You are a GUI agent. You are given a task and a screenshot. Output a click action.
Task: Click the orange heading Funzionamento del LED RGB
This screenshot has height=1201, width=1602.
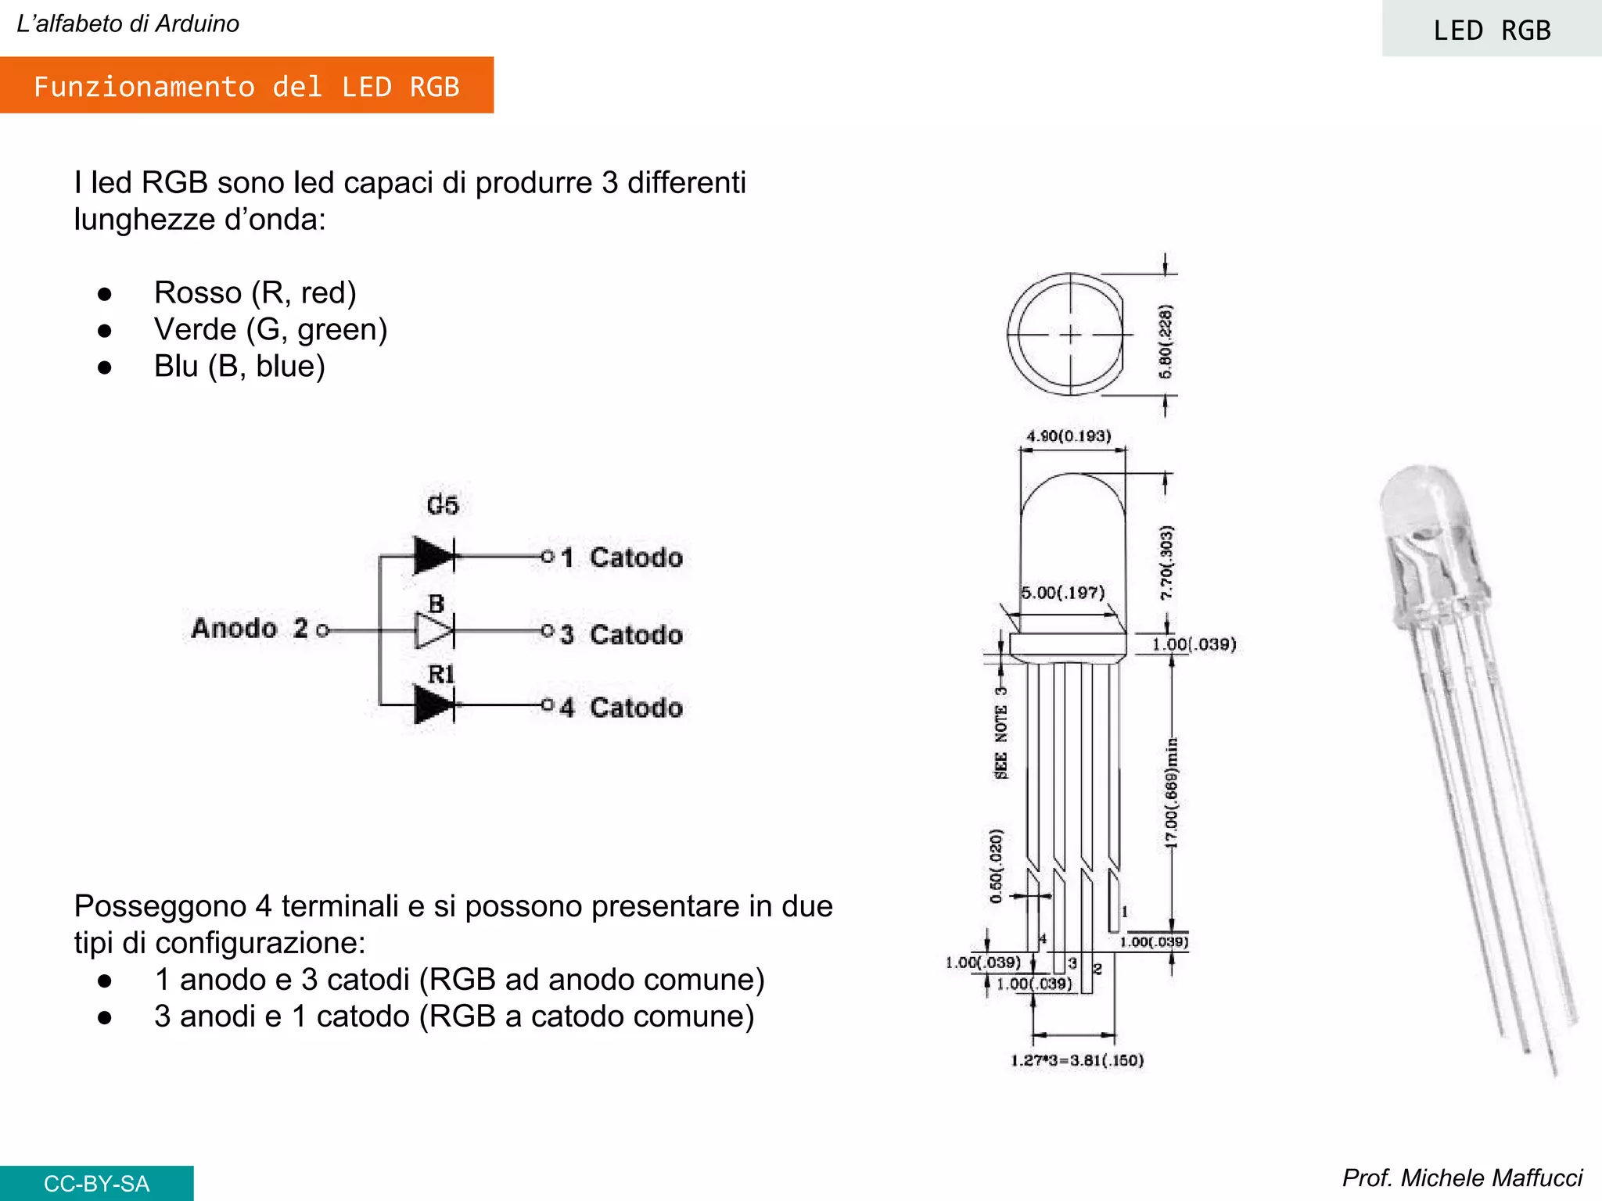click(x=246, y=86)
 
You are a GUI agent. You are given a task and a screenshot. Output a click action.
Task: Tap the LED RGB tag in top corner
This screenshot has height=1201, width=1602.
click(x=1491, y=30)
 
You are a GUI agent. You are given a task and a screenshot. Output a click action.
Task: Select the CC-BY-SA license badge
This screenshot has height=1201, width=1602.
click(x=96, y=1183)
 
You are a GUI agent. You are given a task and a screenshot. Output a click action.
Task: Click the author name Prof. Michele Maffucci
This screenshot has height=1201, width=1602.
click(x=1461, y=1178)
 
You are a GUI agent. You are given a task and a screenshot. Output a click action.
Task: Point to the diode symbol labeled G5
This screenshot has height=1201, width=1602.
click(x=433, y=556)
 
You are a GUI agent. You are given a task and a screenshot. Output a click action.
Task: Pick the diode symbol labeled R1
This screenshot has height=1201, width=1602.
click(x=433, y=704)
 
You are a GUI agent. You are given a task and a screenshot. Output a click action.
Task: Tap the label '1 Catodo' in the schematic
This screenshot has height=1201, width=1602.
click(x=622, y=557)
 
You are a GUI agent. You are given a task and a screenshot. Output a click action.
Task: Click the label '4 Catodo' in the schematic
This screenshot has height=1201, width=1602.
click(x=622, y=708)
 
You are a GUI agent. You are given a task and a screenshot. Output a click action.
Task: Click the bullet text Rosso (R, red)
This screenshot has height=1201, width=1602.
click(x=255, y=292)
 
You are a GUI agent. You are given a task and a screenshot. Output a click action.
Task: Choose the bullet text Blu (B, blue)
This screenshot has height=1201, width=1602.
click(x=239, y=366)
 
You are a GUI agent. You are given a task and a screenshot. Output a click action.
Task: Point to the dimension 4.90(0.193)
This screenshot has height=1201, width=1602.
click(x=1069, y=436)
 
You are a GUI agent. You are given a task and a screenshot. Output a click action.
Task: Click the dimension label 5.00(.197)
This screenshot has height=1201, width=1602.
click(x=1063, y=592)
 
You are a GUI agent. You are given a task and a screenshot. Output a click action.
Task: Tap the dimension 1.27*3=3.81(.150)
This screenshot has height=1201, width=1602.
click(x=1077, y=1060)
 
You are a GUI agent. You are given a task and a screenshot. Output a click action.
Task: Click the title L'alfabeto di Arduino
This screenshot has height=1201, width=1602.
click(x=128, y=23)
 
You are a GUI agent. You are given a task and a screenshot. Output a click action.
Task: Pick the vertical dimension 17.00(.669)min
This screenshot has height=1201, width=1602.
click(x=1171, y=791)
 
